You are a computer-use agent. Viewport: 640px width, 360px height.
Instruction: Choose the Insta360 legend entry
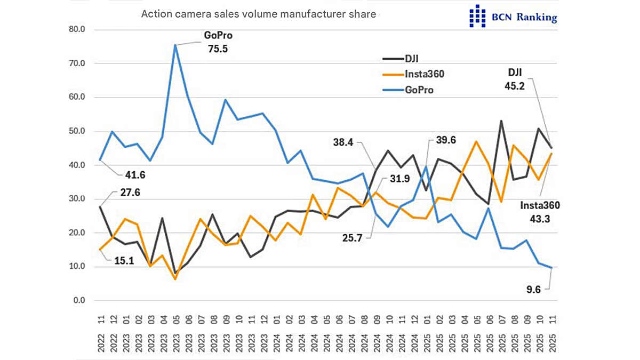424,74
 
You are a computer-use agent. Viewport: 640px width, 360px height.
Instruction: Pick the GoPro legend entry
419,90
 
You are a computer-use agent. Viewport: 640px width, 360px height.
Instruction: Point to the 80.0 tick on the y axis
77,29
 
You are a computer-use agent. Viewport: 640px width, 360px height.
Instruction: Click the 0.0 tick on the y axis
79,301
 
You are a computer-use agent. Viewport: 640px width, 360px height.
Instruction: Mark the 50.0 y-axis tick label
77,131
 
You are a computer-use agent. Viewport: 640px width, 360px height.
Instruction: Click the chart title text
259,14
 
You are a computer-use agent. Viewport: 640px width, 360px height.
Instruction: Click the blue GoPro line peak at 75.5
175,45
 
